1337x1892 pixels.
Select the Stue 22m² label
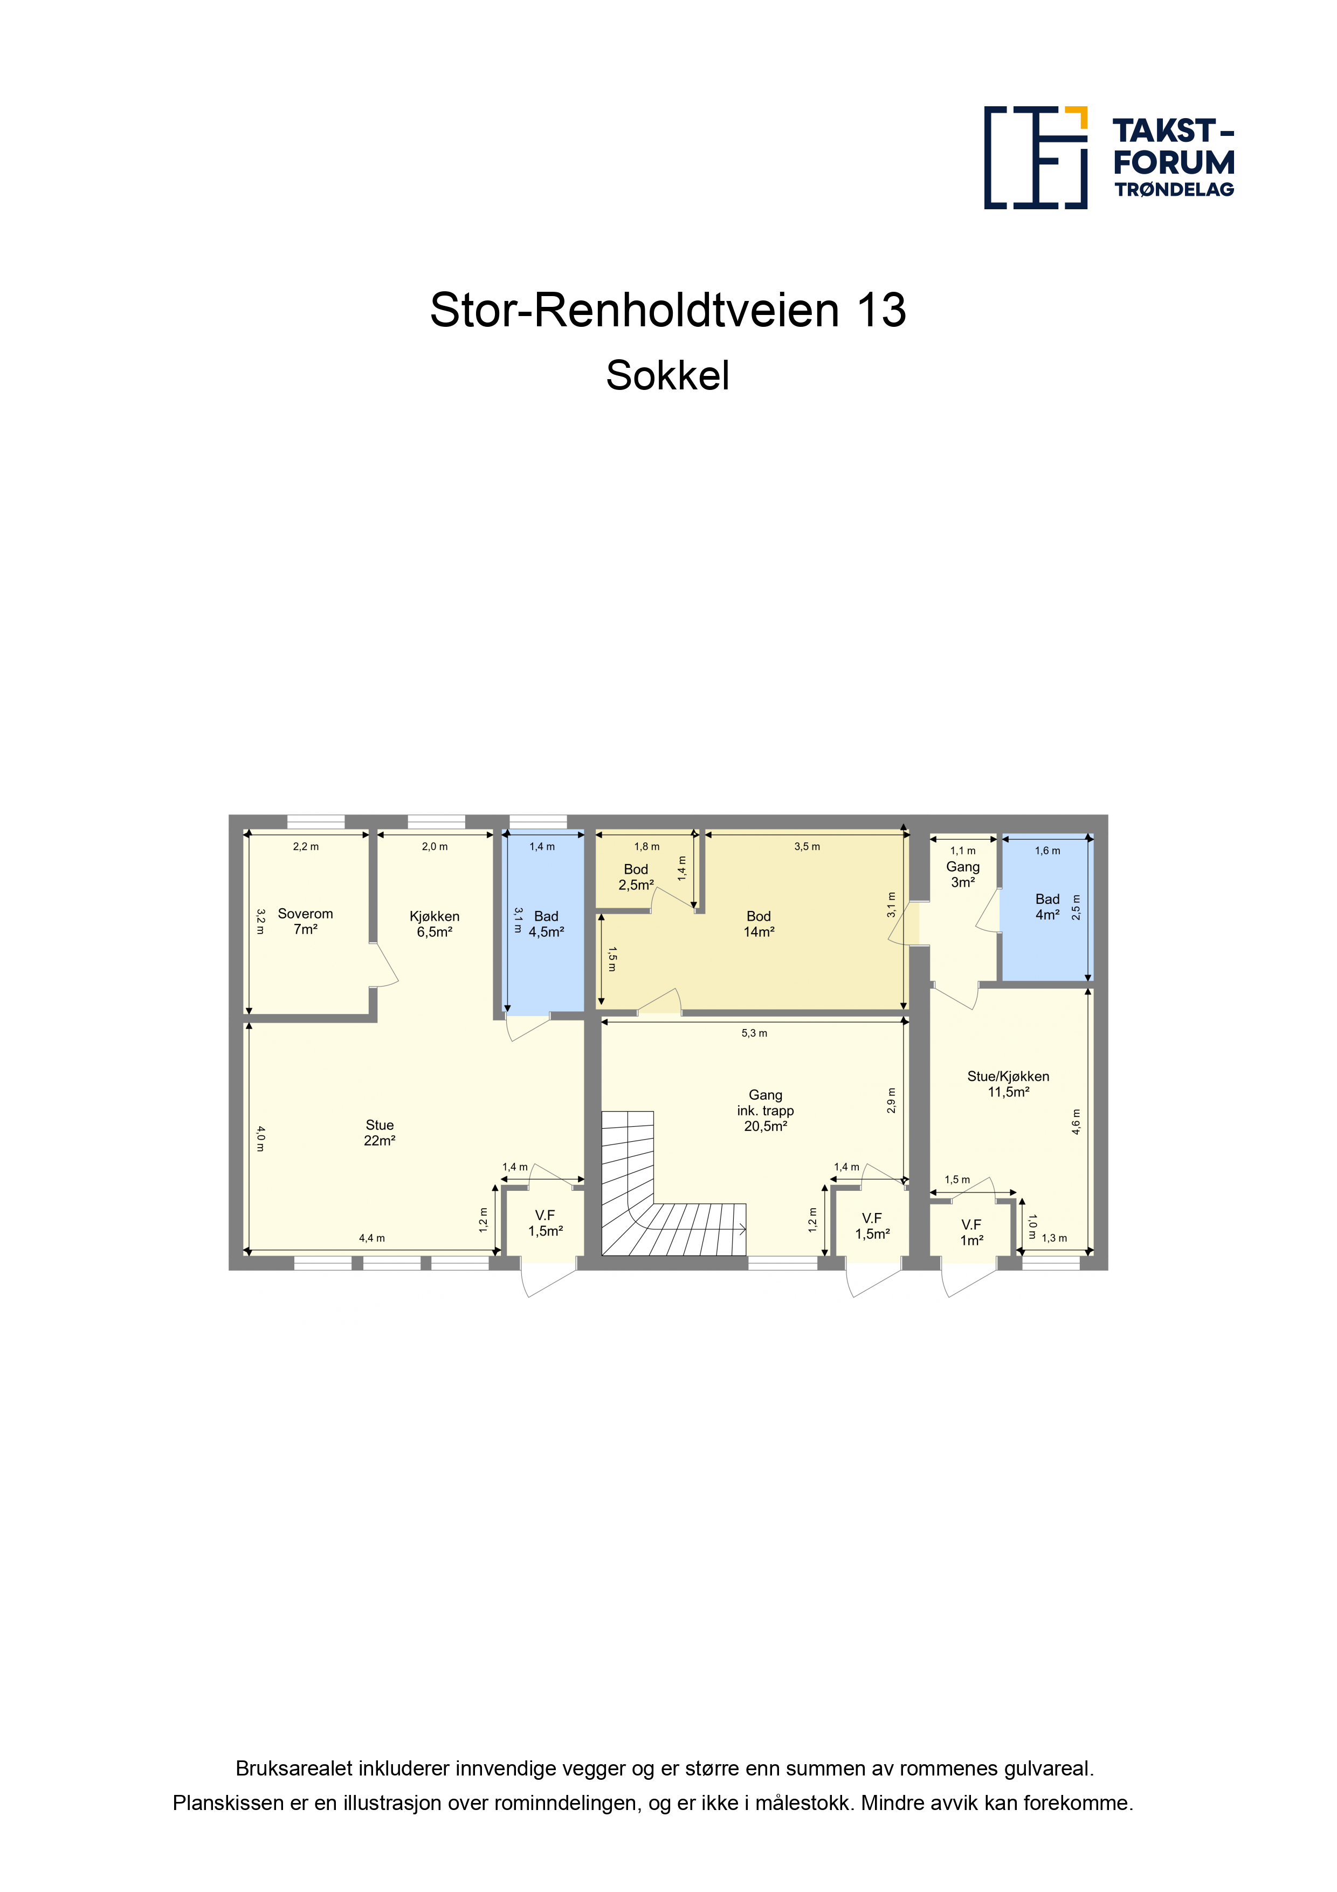380,1132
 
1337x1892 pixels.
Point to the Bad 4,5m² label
546,924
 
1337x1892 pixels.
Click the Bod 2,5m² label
636,877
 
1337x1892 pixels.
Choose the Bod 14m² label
759,924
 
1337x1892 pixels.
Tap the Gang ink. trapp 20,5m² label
766,1110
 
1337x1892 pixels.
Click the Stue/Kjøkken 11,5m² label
1008,1084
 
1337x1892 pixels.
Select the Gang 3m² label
963,874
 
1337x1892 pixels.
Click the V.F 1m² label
971,1233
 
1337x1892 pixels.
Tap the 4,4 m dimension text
371,1238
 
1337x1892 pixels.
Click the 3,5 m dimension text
807,846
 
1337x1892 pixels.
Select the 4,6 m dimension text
1076,1121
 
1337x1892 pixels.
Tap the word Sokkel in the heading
668,376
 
